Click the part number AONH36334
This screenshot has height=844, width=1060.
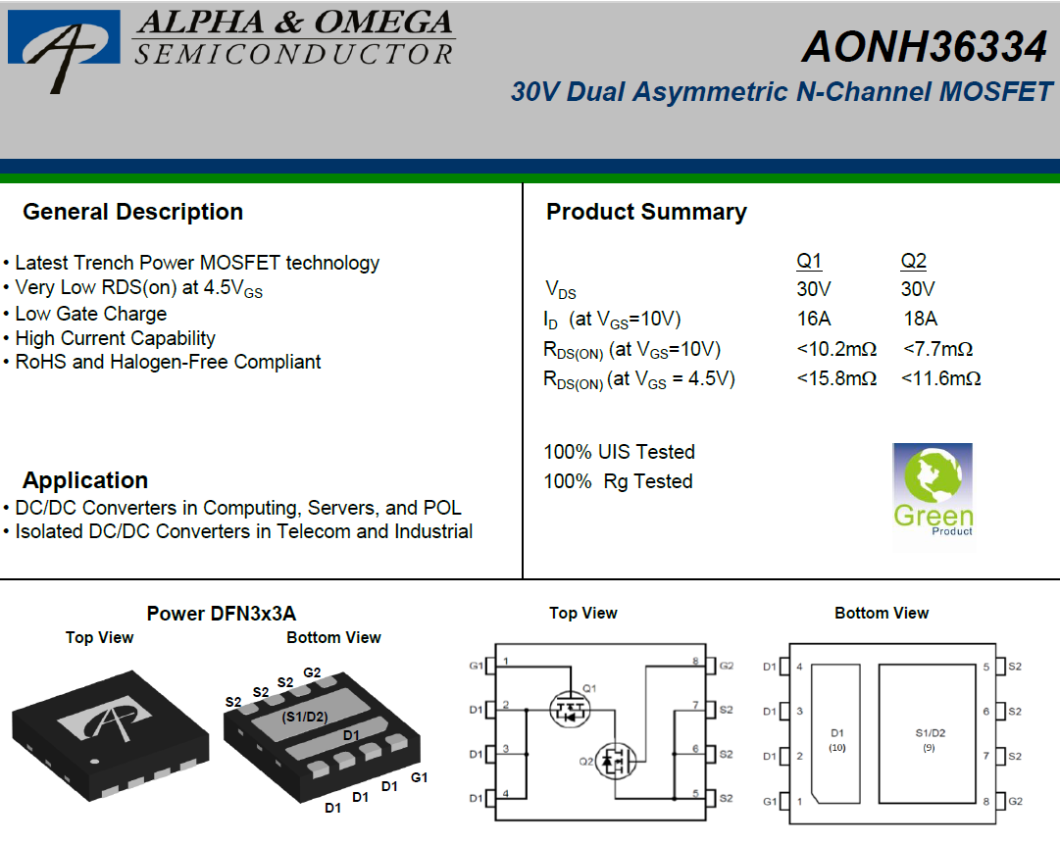(924, 47)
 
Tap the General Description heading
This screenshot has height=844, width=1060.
(132, 212)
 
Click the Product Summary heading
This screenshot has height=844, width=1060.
(646, 212)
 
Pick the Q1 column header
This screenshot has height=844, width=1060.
(809, 261)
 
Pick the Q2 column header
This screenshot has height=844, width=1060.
(913, 261)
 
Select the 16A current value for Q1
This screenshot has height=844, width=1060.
(813, 319)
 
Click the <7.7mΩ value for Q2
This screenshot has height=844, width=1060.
(937, 349)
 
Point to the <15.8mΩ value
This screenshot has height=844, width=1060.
(836, 378)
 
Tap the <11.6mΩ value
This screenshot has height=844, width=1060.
(940, 378)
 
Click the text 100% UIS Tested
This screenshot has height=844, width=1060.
(620, 451)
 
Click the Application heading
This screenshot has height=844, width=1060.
(85, 480)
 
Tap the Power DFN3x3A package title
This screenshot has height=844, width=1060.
(221, 614)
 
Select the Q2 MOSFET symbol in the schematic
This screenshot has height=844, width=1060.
(615, 761)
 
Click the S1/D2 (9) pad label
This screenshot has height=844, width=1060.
(931, 740)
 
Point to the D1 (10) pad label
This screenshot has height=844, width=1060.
(836, 740)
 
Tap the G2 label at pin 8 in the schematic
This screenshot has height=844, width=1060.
(726, 666)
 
